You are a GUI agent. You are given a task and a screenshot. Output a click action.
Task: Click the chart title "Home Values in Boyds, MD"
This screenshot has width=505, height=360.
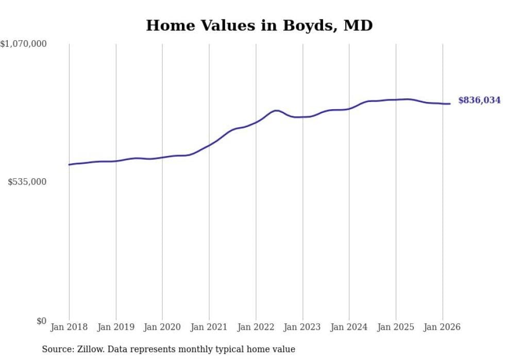click(259, 25)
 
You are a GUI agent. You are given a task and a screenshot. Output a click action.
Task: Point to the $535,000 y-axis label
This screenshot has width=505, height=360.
click(27, 182)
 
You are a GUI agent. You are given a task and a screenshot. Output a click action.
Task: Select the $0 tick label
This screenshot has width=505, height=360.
click(41, 321)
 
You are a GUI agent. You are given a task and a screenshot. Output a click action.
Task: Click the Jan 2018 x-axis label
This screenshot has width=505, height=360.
click(69, 327)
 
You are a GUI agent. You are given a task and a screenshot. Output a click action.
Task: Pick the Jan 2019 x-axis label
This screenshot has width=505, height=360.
click(116, 327)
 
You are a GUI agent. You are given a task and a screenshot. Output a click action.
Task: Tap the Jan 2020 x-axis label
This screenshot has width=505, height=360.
click(162, 327)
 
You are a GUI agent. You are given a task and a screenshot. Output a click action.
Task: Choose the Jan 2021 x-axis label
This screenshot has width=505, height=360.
click(209, 327)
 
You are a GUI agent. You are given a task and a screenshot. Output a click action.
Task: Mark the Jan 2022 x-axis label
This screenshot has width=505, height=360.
click(256, 327)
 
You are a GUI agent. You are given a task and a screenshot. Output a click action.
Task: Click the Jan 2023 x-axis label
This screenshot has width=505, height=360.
click(302, 327)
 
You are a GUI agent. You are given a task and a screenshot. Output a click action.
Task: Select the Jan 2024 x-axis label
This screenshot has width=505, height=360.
click(349, 327)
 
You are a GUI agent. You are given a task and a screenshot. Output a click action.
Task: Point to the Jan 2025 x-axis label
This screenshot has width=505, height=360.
click(396, 327)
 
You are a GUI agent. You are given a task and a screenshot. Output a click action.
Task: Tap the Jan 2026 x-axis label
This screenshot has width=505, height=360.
click(443, 327)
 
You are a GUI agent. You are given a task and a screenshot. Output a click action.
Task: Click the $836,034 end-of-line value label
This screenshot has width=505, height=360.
click(479, 100)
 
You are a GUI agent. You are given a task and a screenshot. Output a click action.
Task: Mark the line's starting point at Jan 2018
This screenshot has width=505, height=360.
click(69, 165)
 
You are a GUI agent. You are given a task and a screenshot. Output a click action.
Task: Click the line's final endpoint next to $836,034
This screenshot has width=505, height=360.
click(450, 104)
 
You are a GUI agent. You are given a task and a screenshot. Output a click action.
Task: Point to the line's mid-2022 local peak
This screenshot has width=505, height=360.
click(276, 110)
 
